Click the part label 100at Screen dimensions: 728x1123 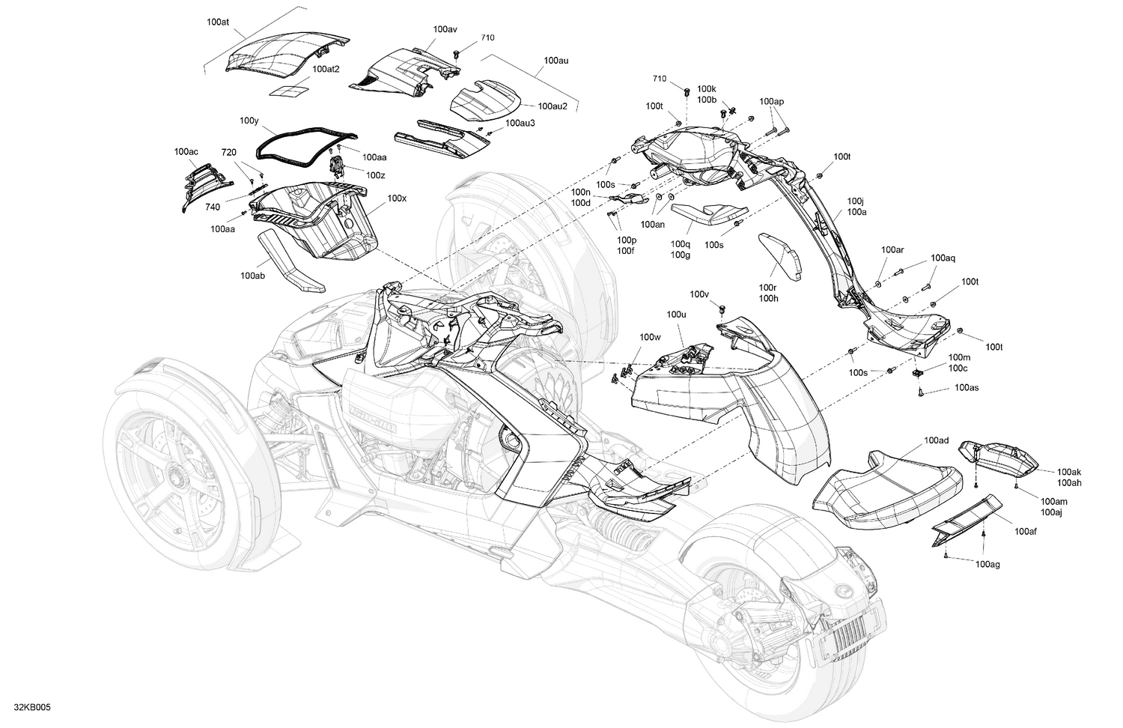[218, 22]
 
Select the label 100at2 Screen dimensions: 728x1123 [326, 69]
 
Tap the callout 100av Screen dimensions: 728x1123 [445, 29]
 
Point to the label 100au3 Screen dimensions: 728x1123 [520, 123]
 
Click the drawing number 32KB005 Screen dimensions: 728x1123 [32, 707]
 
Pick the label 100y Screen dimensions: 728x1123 [249, 120]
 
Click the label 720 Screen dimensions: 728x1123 [229, 152]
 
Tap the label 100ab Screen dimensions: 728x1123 [252, 276]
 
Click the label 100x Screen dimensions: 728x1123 [397, 199]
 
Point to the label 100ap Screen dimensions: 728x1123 [771, 101]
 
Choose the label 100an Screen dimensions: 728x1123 [652, 224]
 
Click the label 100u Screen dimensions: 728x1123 [676, 315]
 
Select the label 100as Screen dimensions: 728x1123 [967, 388]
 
